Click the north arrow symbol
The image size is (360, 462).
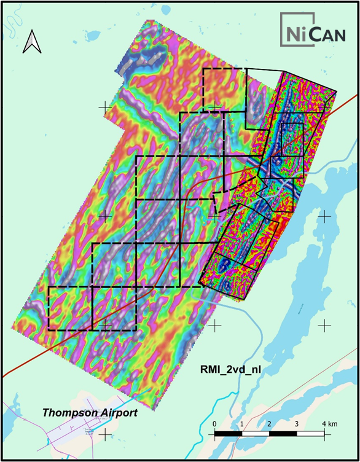pos(31,42)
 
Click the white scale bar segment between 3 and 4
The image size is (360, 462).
pos(311,434)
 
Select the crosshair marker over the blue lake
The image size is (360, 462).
pos(323,216)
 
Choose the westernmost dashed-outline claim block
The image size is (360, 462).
pos(69,308)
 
